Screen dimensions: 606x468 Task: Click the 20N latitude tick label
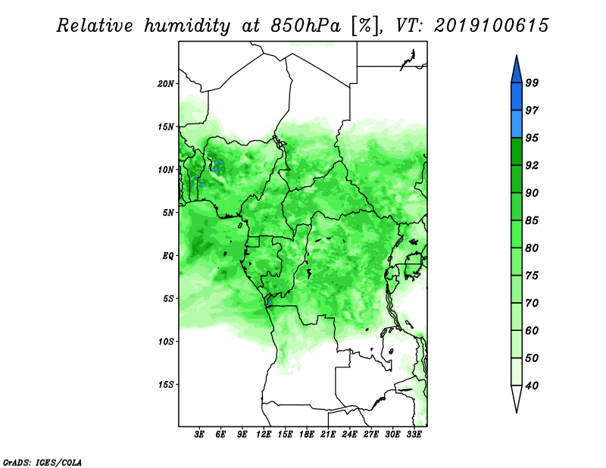(166, 83)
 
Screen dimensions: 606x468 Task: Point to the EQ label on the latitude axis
(168, 256)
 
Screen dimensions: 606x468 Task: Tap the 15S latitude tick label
(166, 385)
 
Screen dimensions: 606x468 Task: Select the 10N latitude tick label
(166, 170)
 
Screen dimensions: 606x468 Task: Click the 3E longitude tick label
(199, 435)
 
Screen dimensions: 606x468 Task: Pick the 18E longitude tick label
(307, 435)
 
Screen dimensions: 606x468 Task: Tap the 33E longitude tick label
(414, 435)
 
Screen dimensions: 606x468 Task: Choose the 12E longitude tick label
(264, 435)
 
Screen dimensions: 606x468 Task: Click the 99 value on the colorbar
(532, 83)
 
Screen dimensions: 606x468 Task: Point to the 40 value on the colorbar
(532, 385)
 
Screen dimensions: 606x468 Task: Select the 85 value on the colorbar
(532, 220)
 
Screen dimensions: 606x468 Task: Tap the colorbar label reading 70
(532, 303)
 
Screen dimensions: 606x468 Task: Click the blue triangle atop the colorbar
(517, 71)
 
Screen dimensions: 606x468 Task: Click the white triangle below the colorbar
(517, 397)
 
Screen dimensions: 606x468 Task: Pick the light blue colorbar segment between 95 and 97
(517, 124)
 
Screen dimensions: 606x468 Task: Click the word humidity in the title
(187, 26)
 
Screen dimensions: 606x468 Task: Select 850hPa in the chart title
(306, 26)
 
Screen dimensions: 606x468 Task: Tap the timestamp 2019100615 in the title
(491, 26)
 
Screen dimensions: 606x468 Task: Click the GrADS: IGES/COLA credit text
(42, 462)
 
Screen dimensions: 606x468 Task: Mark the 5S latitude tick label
(168, 298)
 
